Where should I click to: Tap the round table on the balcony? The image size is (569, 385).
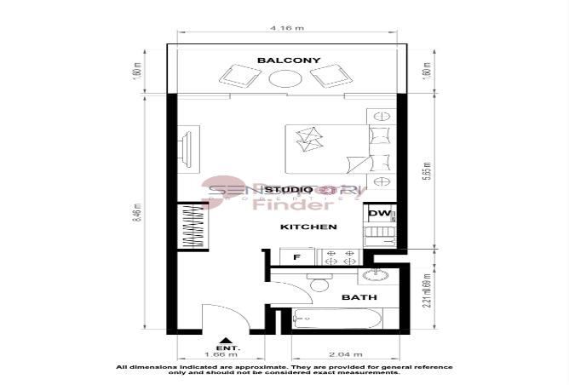pyautogui.click(x=284, y=79)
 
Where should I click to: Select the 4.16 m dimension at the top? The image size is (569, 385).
pyautogui.click(x=286, y=29)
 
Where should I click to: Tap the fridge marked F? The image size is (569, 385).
pyautogui.click(x=296, y=256)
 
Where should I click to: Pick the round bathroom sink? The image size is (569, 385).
pyautogui.click(x=376, y=274)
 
